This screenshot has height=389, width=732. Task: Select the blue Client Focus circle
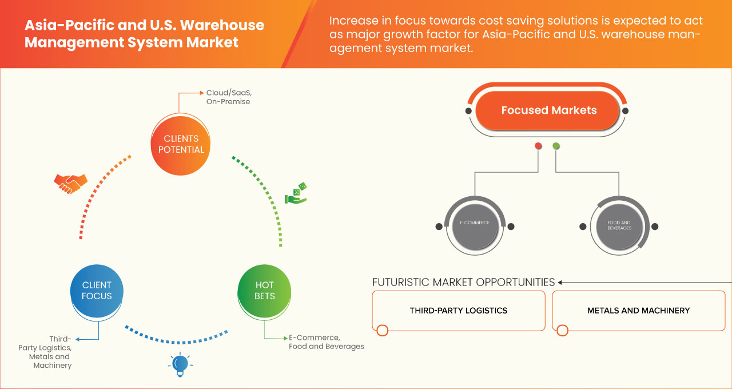pos(97,291)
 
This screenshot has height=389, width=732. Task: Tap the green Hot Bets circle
pos(264,291)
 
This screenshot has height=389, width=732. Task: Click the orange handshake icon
pos(70,183)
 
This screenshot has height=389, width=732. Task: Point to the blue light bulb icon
pos(180,364)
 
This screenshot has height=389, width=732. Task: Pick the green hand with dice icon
pos(296,194)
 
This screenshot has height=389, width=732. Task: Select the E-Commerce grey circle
pos(475,225)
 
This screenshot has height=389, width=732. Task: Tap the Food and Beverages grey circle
pos(619,225)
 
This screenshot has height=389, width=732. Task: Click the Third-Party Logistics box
pos(458,311)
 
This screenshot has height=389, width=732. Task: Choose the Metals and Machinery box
pos(638,311)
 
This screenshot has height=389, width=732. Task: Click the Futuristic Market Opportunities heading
pos(463,282)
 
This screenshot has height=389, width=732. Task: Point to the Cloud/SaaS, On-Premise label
pos(228,97)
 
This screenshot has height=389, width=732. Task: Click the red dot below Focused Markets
pos(538,146)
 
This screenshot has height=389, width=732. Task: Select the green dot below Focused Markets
pos(556,146)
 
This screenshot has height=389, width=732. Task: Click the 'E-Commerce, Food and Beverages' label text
pos(326,342)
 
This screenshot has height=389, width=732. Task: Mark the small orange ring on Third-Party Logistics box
pos(383,330)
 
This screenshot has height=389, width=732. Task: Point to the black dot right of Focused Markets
pos(626,110)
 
